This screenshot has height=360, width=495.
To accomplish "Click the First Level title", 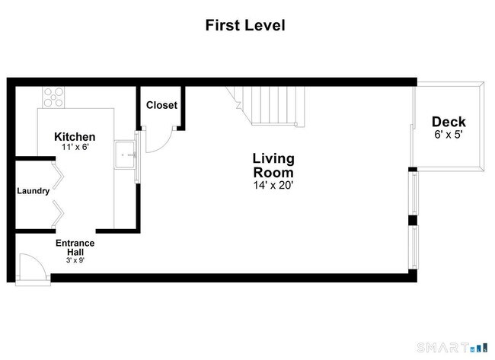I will click(245, 25).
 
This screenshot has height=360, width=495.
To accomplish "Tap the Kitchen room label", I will click(75, 137).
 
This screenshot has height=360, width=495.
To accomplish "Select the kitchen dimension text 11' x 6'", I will click(75, 148).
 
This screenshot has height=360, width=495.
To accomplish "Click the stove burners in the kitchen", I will click(53, 96).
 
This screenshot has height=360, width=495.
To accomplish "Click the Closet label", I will click(161, 105).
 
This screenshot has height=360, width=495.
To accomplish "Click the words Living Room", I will click(273, 165).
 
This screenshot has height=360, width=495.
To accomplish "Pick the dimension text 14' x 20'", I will click(273, 184).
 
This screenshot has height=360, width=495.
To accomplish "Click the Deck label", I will click(449, 122).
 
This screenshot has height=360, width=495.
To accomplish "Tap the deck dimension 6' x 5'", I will click(449, 134).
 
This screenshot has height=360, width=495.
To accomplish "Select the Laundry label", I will click(34, 191).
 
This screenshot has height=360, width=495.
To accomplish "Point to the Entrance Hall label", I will click(75, 247).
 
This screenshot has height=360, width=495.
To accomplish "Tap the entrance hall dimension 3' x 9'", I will click(75, 260).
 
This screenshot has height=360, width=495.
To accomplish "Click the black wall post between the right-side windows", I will click(412, 221).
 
